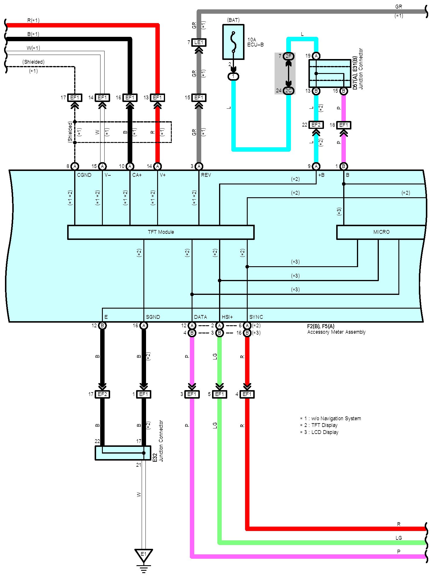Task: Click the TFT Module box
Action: [161, 232]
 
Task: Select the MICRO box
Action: [381, 232]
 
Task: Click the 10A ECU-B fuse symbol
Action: [233, 42]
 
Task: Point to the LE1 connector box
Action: [199, 43]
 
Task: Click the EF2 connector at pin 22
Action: [316, 125]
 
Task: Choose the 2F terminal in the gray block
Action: [289, 56]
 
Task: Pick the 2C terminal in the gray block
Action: [289, 91]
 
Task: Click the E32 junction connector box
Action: [123, 453]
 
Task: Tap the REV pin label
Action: [206, 175]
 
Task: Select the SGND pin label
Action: [153, 317]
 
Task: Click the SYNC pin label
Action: [256, 317]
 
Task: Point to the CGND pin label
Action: [84, 175]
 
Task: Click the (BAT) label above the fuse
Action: [233, 20]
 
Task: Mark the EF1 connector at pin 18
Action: [344, 125]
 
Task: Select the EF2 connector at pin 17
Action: [103, 394]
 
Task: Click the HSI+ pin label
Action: [227, 317]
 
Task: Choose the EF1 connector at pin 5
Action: [219, 394]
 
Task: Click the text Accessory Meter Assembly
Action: [336, 332]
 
